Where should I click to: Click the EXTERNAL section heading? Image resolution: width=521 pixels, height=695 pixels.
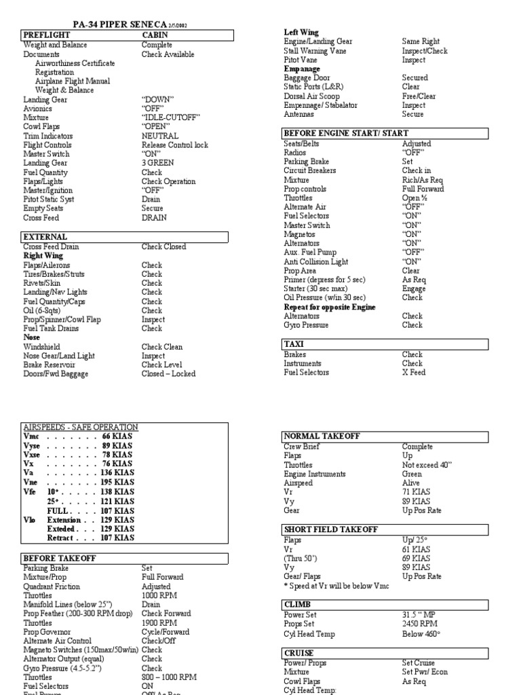[45, 237]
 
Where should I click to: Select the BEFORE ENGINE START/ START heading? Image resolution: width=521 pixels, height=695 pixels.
[346, 134]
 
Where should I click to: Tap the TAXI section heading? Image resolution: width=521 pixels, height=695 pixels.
[294, 344]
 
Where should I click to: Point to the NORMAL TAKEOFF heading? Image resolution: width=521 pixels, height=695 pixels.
[322, 436]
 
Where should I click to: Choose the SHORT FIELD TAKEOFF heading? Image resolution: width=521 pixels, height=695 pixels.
[330, 529]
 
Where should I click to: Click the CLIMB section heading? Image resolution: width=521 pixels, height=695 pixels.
[298, 603]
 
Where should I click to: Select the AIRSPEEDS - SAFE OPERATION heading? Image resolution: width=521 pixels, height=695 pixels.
[81, 427]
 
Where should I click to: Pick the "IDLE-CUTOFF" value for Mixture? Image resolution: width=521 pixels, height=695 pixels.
[171, 117]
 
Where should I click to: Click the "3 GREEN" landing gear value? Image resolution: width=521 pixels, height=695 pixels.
[157, 164]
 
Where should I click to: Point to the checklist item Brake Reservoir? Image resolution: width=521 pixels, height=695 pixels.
[52, 364]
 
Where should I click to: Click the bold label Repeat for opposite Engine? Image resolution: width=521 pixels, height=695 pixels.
[330, 307]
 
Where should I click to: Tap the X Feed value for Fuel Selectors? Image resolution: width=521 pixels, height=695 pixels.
[413, 373]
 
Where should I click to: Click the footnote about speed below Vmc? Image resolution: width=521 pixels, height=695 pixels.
[336, 586]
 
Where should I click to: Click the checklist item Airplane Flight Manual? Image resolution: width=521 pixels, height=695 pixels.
[73, 81]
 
